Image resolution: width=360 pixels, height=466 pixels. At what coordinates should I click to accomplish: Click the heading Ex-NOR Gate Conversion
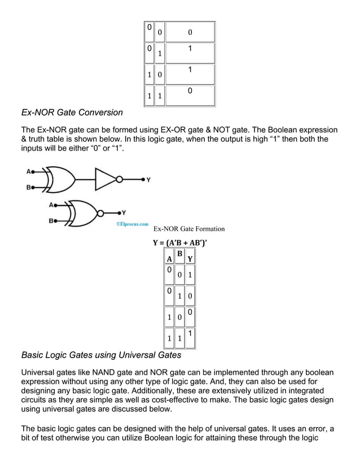tap(72, 112)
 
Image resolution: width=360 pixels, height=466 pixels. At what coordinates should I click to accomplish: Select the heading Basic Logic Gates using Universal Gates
tap(101, 355)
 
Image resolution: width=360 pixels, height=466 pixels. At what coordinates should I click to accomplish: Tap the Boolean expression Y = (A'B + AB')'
tap(184, 244)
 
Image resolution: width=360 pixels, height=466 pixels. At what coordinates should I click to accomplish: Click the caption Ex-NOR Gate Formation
tap(189, 229)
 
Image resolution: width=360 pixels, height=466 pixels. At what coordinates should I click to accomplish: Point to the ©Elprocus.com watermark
tap(132, 223)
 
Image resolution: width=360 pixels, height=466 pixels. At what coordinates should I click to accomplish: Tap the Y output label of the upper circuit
tap(148, 180)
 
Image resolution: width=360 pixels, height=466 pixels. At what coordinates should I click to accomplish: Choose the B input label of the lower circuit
tap(51, 221)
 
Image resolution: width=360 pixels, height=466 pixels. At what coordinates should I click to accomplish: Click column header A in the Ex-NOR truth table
tap(169, 259)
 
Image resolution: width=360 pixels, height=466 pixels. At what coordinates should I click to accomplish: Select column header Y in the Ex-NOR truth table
tap(190, 259)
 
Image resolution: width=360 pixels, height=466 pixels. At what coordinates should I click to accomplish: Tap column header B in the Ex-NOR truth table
tap(179, 254)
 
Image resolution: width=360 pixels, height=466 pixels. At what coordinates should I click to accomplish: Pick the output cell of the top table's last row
tap(190, 91)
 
